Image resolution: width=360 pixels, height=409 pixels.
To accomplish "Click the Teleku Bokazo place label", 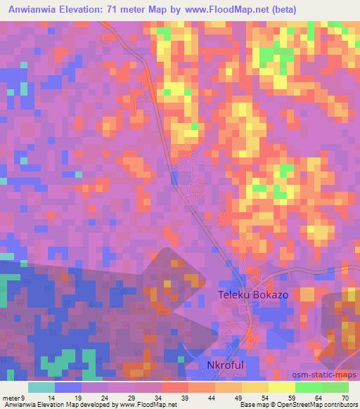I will [252, 295].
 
